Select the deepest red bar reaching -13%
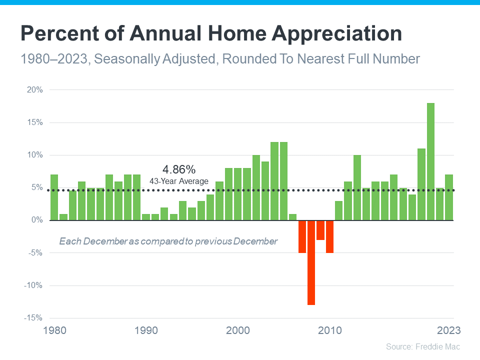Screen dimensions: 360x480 [x=311, y=262]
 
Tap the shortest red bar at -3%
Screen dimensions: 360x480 [x=320, y=230]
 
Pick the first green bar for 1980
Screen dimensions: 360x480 [x=54, y=197]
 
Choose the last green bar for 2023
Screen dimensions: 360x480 [x=449, y=197]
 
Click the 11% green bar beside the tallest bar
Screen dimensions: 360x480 [x=421, y=184]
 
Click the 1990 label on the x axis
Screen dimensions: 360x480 [x=146, y=331]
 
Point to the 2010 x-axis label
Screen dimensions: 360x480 [x=330, y=331]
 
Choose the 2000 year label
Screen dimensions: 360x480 [x=238, y=331]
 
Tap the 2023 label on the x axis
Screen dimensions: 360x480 [x=448, y=331]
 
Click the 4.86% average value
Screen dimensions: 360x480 [x=179, y=169]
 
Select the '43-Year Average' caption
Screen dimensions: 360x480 [x=179, y=181]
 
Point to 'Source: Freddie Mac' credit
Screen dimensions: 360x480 [x=422, y=346]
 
